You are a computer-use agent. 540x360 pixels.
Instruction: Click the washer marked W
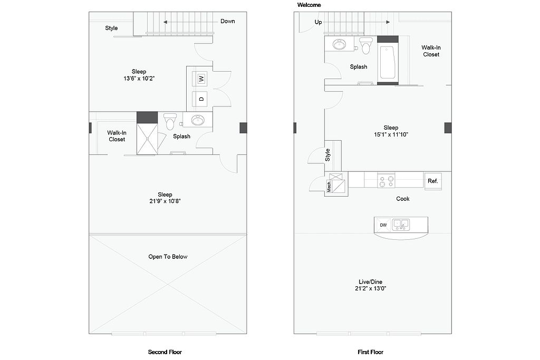(x=201, y=79)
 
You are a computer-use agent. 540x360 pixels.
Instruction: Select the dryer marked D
(x=201, y=99)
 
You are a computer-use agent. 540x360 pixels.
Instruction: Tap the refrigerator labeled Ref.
(x=433, y=181)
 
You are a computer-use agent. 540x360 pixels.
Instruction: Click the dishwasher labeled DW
(x=383, y=225)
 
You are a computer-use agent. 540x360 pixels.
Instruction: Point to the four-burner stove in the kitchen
(x=386, y=180)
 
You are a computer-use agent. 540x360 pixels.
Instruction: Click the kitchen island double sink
(x=401, y=225)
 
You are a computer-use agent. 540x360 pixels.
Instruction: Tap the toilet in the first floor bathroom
(x=365, y=46)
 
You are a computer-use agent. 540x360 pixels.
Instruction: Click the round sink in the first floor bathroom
(x=340, y=44)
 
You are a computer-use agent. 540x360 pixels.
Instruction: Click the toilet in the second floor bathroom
(x=170, y=121)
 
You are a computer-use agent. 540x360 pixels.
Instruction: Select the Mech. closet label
(x=329, y=186)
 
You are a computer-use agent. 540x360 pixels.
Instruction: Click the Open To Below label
(x=168, y=257)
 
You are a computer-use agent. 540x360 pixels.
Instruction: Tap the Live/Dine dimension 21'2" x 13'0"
(x=370, y=288)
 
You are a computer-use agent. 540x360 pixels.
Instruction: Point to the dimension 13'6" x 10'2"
(x=139, y=79)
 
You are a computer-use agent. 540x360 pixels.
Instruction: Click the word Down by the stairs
(x=228, y=21)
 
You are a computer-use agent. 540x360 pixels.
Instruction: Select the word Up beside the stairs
(x=318, y=22)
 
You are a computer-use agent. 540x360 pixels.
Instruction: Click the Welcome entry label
(x=309, y=5)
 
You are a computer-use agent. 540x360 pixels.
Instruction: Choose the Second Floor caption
(x=165, y=352)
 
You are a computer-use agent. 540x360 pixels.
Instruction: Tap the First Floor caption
(x=371, y=352)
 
